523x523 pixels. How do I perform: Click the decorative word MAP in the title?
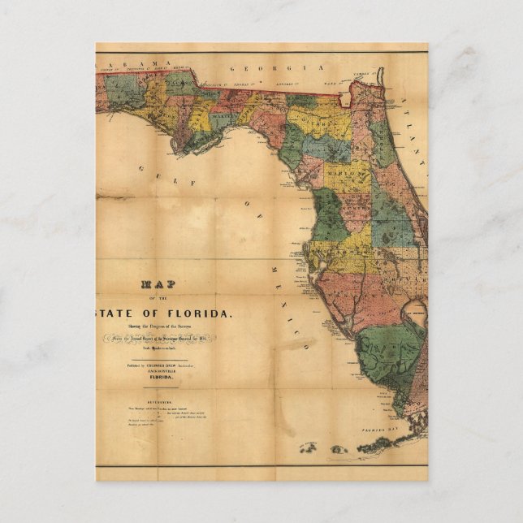tap(159, 285)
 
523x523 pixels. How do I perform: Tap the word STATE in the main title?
tap(121, 313)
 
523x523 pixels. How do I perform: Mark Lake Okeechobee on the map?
tap(414, 313)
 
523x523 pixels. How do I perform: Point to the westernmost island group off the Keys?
tap(308, 447)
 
